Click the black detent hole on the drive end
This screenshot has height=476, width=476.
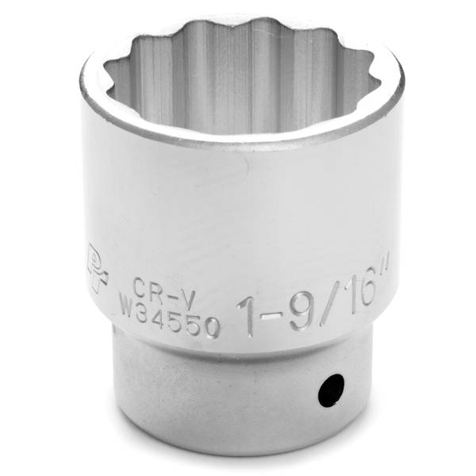(331, 390)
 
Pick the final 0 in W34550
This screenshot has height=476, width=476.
(213, 325)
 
